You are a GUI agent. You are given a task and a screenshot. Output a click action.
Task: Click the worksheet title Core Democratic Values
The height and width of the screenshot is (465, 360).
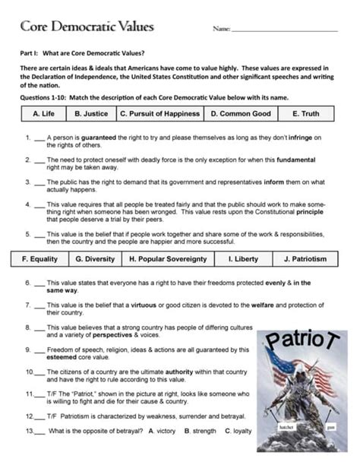click(x=87, y=27)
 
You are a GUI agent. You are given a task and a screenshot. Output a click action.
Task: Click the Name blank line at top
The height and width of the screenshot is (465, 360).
click(x=285, y=30)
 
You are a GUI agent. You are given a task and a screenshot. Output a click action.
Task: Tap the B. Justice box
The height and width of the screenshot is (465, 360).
click(x=90, y=113)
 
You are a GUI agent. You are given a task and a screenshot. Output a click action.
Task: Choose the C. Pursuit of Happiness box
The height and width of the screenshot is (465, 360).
click(x=159, y=113)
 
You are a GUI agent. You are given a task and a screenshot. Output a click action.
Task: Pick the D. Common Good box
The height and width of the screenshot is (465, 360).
click(x=240, y=113)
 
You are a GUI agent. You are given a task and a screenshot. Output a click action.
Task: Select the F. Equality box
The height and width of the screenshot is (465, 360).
click(x=40, y=259)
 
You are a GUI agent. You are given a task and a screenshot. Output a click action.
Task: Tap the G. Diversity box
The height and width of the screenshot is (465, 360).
click(x=95, y=259)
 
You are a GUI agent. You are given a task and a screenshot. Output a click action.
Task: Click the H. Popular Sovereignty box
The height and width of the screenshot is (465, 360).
click(x=168, y=259)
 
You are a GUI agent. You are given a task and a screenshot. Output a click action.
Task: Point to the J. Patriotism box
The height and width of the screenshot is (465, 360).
click(x=305, y=259)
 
